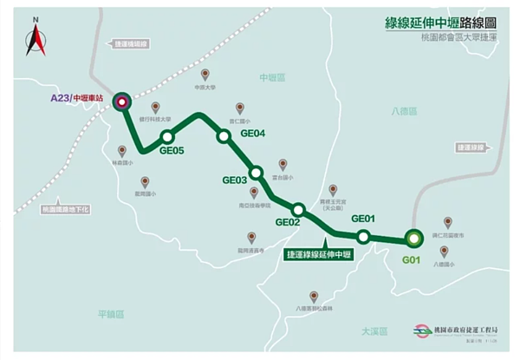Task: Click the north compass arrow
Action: [x=36, y=39]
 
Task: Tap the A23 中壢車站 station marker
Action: [x=121, y=101]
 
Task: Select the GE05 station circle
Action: [x=167, y=136]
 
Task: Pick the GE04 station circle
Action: [x=224, y=135]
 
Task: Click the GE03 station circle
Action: [x=256, y=172]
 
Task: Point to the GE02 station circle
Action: [x=298, y=209]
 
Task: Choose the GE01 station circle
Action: [x=363, y=236]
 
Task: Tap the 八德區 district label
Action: [x=404, y=112]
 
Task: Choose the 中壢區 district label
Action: [x=271, y=77]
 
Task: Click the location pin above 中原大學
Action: [x=205, y=75]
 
